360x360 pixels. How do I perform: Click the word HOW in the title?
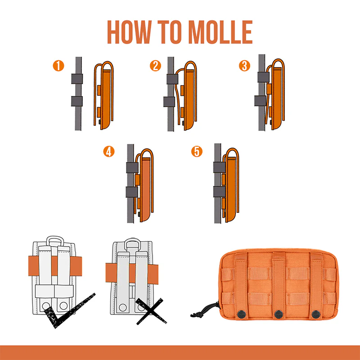click(x=129, y=32)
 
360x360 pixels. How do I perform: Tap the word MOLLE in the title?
click(x=220, y=32)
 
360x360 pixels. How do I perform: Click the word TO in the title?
click(x=170, y=32)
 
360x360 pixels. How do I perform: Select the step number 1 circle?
click(x=58, y=66)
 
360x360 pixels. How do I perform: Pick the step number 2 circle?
click(x=155, y=66)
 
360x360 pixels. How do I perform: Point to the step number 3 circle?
click(x=244, y=66)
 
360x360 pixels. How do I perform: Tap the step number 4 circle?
click(x=109, y=152)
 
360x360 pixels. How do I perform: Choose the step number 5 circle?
click(x=197, y=152)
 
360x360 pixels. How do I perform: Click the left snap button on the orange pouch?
click(x=241, y=314)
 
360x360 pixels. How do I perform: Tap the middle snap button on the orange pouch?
click(x=279, y=314)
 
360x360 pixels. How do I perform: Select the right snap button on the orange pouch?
click(x=316, y=314)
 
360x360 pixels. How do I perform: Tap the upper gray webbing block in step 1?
click(x=77, y=79)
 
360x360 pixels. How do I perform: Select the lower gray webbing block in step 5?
click(x=220, y=192)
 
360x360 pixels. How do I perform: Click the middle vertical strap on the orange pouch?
click(x=279, y=285)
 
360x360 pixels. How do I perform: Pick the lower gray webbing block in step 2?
click(x=169, y=102)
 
